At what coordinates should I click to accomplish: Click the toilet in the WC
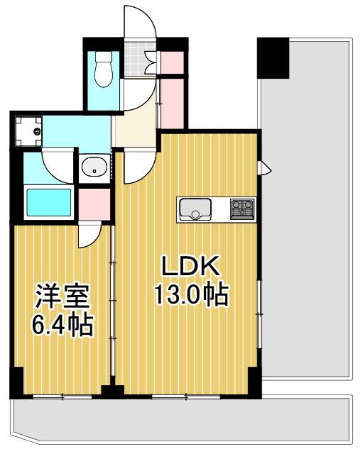point(102,68)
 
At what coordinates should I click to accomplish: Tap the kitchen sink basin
point(194,209)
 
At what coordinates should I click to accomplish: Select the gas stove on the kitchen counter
point(242,209)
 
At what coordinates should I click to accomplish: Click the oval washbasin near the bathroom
point(94,169)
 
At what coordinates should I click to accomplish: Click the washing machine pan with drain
point(31,131)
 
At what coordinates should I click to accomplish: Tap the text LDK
point(190,267)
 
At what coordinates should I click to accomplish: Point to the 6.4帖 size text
point(62,326)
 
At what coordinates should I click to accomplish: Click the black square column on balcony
point(273,57)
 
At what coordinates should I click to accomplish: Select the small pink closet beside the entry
point(173,61)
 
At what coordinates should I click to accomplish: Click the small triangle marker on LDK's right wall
point(266,168)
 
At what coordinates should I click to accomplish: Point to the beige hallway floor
point(135,128)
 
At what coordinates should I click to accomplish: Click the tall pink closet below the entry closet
point(172,102)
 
